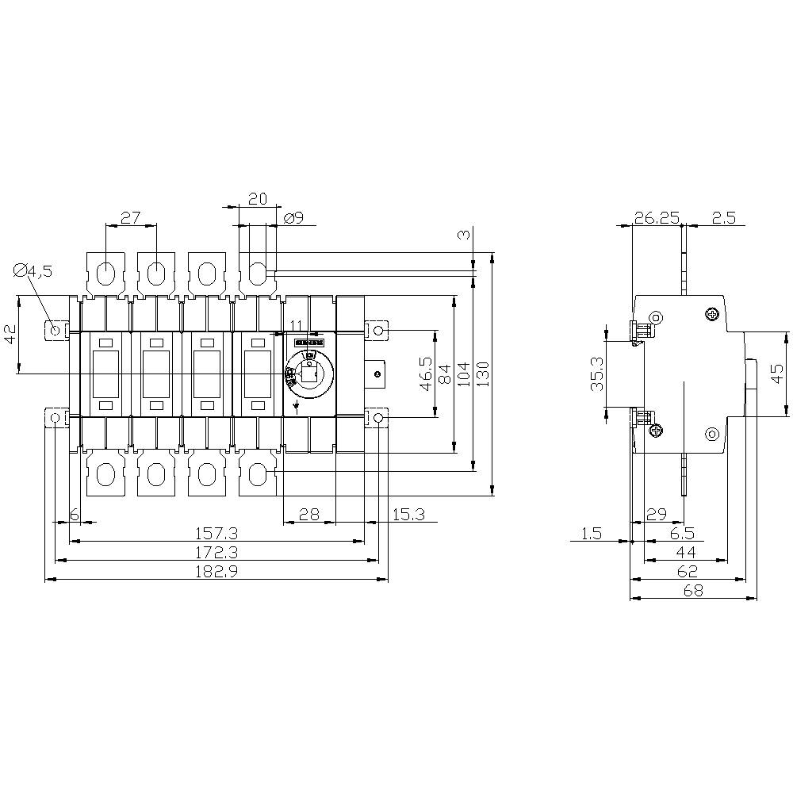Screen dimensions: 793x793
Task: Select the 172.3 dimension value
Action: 216,552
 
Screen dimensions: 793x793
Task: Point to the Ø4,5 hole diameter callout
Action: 33,271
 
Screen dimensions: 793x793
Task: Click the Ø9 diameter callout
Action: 293,217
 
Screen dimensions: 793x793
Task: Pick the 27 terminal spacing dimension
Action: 131,217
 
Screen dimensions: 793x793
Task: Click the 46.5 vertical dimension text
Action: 427,373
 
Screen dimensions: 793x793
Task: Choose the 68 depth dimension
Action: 691,591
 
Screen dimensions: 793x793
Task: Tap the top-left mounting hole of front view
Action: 55,329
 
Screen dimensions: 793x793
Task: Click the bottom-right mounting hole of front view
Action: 379,418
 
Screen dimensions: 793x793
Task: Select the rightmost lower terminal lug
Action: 257,475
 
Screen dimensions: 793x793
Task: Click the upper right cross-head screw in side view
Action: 712,315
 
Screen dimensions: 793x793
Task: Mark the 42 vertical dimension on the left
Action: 10,334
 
